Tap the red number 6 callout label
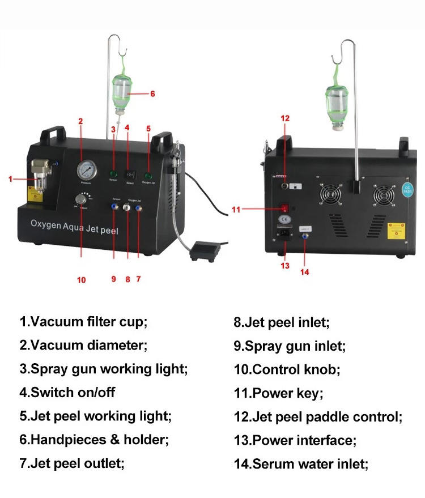(152, 94)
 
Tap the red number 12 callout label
(285, 118)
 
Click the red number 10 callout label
(82, 279)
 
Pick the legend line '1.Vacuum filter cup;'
(83, 322)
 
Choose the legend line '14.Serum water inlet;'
(301, 464)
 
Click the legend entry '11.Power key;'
(278, 393)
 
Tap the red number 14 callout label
(305, 271)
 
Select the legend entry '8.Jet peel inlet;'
(282, 322)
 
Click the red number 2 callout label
(80, 121)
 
